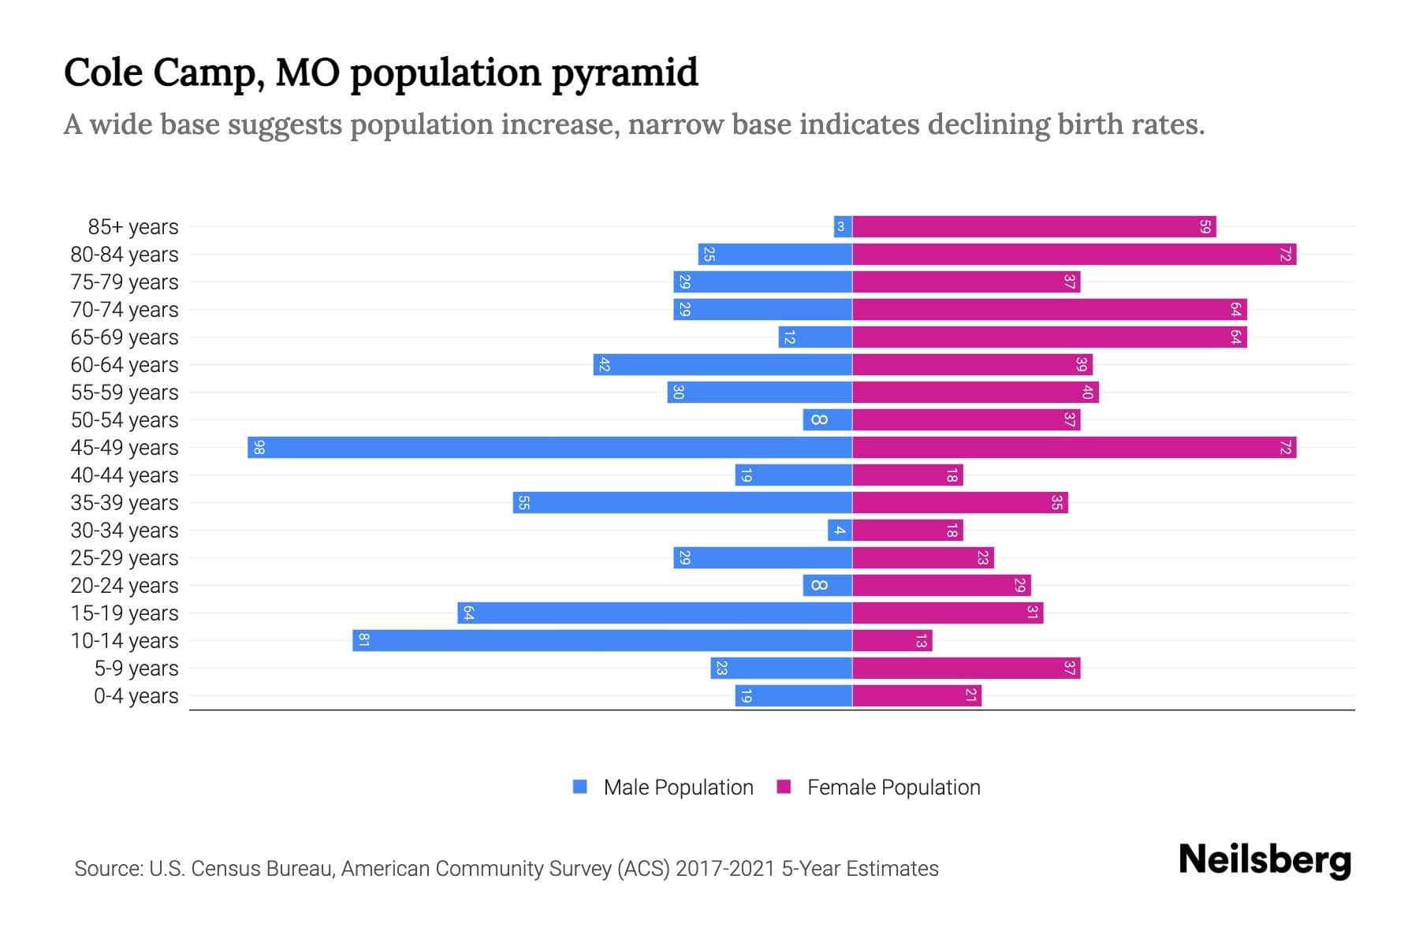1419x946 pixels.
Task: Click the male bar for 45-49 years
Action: pos(549,447)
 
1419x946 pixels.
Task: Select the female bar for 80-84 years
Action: pos(1074,254)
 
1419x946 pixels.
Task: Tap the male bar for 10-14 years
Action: pos(602,640)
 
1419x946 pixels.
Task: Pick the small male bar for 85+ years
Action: pos(842,226)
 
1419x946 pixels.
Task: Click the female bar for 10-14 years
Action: pos(892,640)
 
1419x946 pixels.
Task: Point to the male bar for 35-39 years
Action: pos(682,502)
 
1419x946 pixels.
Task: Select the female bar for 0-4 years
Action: pos(916,695)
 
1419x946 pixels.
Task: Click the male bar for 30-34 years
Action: pos(840,530)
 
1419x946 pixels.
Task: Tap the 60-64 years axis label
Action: pos(125,365)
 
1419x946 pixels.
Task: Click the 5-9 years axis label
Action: pos(136,669)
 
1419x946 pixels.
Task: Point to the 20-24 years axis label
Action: pos(125,586)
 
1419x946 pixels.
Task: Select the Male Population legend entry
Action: pos(663,787)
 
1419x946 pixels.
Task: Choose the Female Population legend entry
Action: pos(879,787)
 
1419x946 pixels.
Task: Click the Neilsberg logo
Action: pos(1264,860)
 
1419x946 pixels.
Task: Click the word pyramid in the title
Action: pos(624,73)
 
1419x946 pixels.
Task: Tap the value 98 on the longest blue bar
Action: pos(259,448)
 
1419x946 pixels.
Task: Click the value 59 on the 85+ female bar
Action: pos(1205,226)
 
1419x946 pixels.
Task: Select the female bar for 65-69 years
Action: pos(1049,337)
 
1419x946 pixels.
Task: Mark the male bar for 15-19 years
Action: pos(654,613)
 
